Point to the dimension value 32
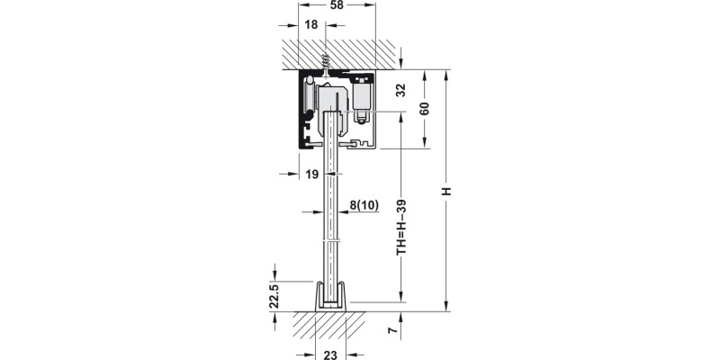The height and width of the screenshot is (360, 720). tap(401, 89)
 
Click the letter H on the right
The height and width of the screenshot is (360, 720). tap(446, 191)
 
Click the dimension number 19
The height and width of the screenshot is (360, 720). tap(311, 175)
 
